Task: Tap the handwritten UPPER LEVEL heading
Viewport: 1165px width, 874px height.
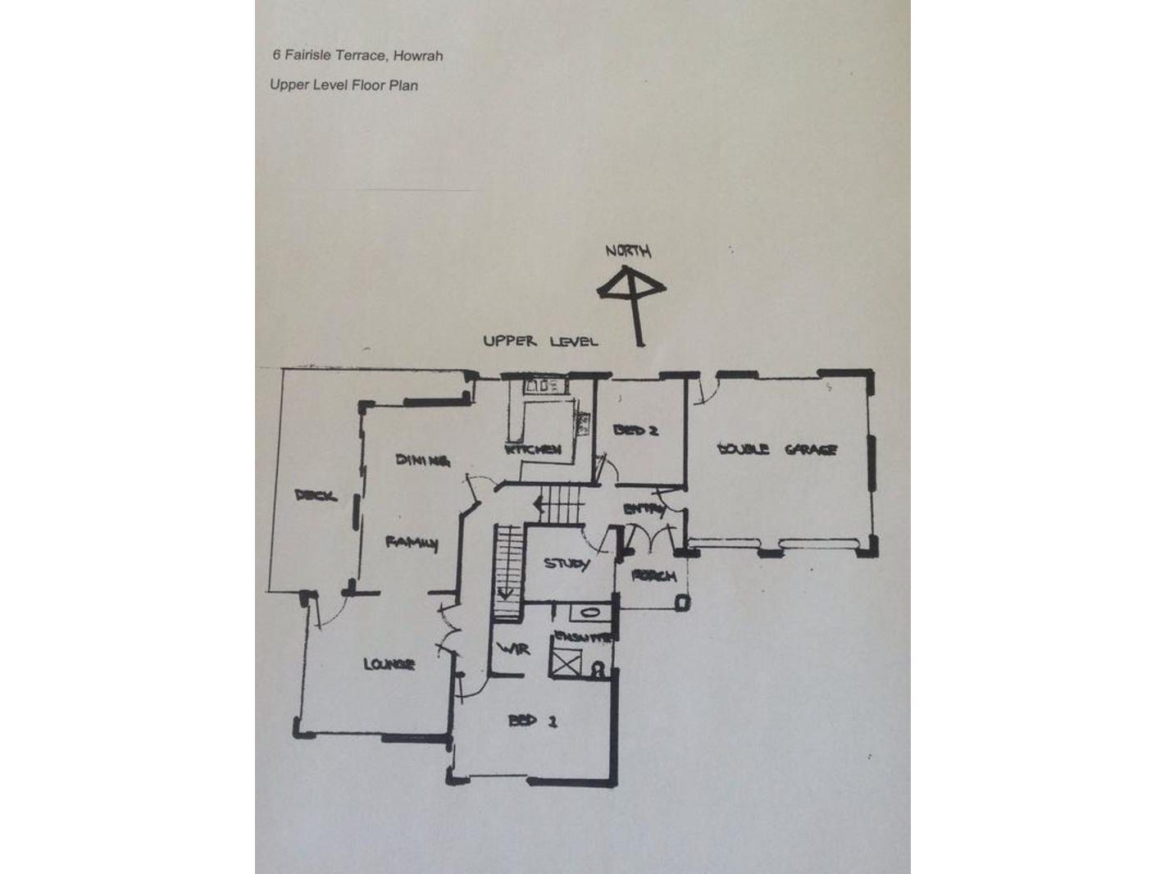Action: click(x=540, y=341)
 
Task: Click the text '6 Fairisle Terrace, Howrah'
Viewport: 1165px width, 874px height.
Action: click(x=357, y=56)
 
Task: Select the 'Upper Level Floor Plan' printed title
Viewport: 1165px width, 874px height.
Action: click(x=344, y=84)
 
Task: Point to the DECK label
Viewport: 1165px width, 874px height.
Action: click(x=315, y=495)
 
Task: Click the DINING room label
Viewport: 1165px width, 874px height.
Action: click(x=423, y=460)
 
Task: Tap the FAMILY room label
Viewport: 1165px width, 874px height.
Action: click(x=412, y=543)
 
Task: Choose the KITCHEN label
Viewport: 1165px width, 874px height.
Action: click(x=534, y=449)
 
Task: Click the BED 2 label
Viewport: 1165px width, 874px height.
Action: click(x=636, y=430)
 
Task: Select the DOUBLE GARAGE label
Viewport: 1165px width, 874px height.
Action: click(x=776, y=449)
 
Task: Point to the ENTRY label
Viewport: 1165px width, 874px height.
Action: click(x=645, y=509)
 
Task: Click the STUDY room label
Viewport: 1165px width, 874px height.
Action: click(x=567, y=564)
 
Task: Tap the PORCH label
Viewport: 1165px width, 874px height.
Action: click(x=654, y=576)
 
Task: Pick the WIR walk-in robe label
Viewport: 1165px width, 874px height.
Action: click(x=515, y=649)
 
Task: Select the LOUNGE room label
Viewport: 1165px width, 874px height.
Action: click(x=389, y=664)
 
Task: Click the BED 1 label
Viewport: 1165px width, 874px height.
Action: click(x=534, y=721)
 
